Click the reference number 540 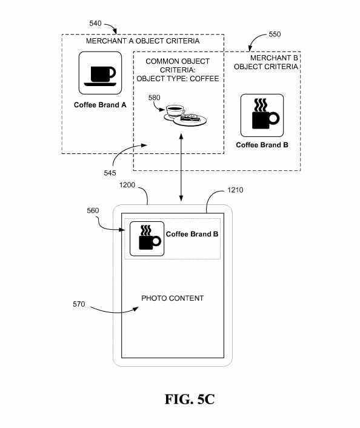pos(95,24)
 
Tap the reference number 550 pos(275,34)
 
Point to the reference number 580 pos(154,98)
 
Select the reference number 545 pos(110,173)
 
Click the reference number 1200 pos(127,185)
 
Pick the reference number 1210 pos(235,190)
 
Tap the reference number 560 pos(93,210)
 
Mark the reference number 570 pos(79,304)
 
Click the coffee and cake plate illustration pos(185,115)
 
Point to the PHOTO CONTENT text pos(173,298)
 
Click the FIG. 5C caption pos(190,400)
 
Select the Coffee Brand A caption pos(100,105)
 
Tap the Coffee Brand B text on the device pos(192,234)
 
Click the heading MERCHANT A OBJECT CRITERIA pos(143,41)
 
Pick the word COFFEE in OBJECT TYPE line pos(204,79)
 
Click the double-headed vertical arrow pos(181,167)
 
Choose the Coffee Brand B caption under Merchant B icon pos(262,145)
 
